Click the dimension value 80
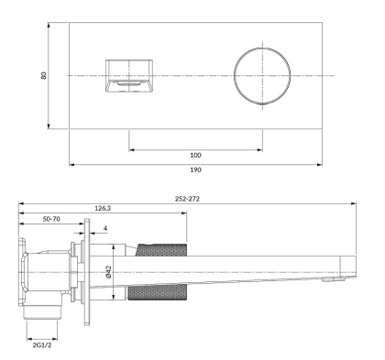[x=43, y=74]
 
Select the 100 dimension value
[x=195, y=155]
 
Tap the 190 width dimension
[x=195, y=171]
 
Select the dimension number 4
[x=105, y=229]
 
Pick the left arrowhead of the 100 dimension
[x=132, y=147]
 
